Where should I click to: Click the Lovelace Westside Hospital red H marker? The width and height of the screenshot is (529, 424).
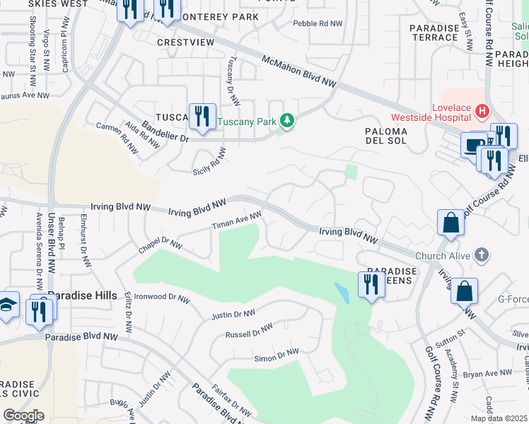click(x=482, y=111)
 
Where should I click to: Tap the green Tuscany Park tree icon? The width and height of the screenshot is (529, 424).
click(x=287, y=122)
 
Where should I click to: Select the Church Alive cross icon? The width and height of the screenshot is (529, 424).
click(x=481, y=255)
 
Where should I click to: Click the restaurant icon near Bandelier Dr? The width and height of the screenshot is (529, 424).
click(x=203, y=116)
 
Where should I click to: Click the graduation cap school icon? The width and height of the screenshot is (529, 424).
click(x=6, y=305)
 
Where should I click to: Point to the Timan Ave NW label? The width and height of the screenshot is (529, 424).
click(x=238, y=220)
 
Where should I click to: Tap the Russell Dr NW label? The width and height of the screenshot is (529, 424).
click(x=249, y=330)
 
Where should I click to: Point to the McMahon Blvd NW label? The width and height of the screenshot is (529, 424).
click(x=298, y=72)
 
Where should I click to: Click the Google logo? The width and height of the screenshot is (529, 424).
click(x=23, y=416)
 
